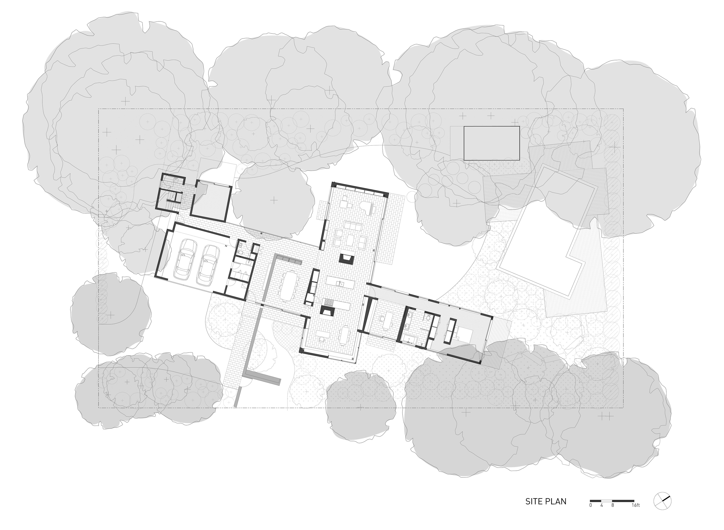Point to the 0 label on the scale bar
[591, 505]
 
